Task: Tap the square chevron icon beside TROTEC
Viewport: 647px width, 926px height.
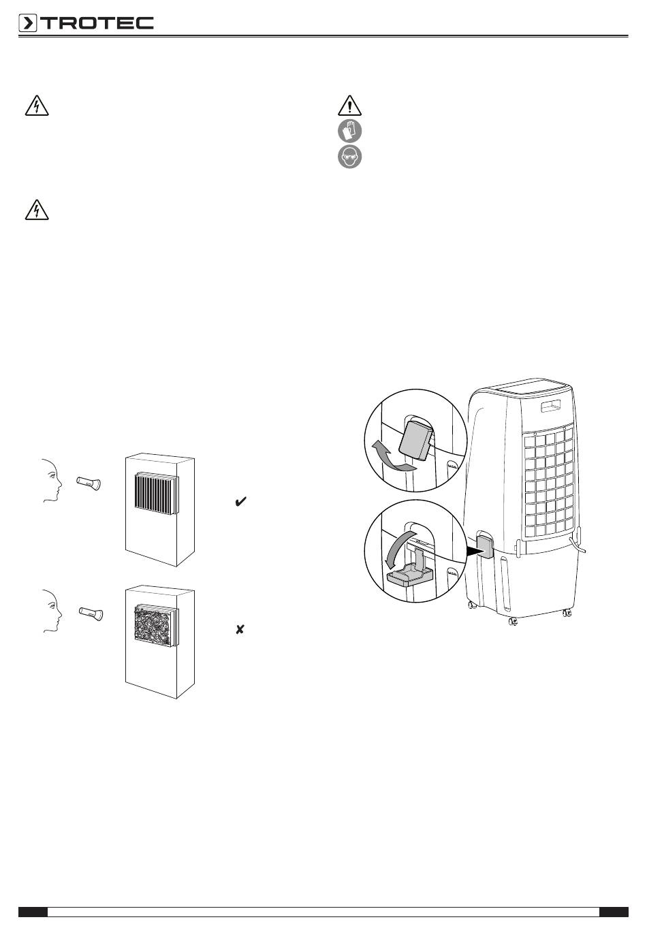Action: pyautogui.click(x=28, y=24)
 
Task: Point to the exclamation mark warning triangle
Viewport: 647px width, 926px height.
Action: pyautogui.click(x=349, y=106)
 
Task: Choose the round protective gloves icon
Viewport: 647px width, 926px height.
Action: pyautogui.click(x=350, y=131)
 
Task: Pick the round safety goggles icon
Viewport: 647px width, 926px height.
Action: pyautogui.click(x=350, y=157)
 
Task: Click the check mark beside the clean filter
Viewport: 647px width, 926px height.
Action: pyautogui.click(x=240, y=502)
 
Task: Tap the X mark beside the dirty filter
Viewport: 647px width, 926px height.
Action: pyautogui.click(x=240, y=630)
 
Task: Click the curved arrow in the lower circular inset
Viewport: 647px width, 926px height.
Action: pyautogui.click(x=394, y=545)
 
